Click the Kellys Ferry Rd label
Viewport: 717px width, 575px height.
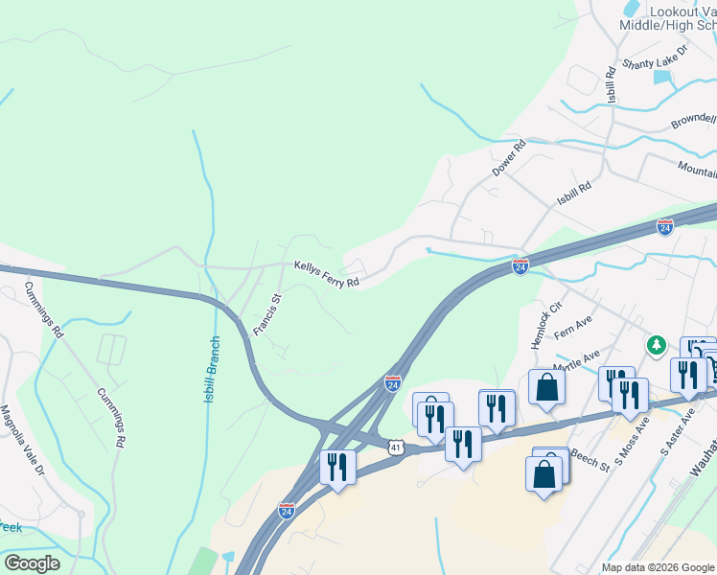coord(326,275)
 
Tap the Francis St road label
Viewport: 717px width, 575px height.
coord(266,314)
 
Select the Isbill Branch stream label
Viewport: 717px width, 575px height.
coord(212,368)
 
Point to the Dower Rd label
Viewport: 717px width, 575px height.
coord(510,158)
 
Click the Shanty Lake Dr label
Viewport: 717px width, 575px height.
coord(656,57)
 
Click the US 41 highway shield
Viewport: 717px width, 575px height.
coord(397,447)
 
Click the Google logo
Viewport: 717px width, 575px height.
coord(31,563)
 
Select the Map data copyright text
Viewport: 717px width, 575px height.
coord(658,567)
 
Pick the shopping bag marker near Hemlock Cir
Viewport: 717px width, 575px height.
coord(546,387)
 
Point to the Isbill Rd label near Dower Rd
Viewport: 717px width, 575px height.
coord(574,192)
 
